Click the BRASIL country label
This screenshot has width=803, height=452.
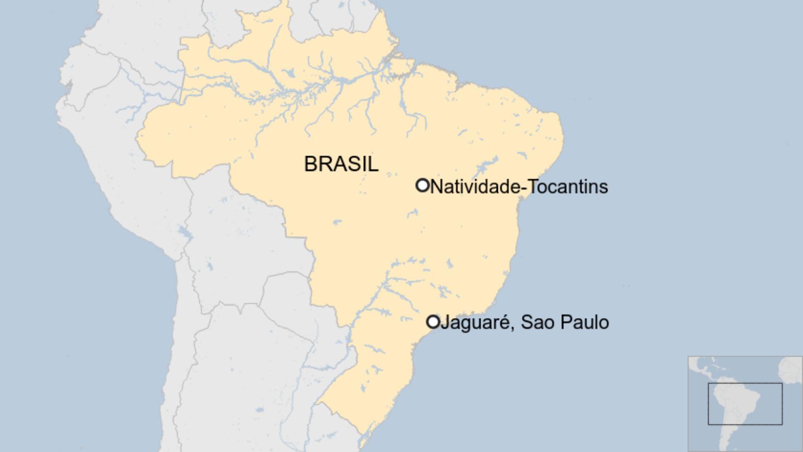point(341,164)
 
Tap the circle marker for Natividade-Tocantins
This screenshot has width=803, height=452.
point(422,185)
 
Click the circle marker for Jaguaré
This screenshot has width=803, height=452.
point(433,322)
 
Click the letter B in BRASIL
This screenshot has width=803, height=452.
point(310,164)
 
